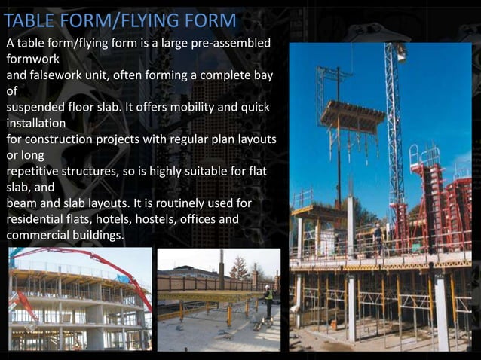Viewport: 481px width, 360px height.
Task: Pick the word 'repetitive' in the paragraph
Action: pos(35,172)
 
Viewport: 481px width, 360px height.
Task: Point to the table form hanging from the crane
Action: pos(352,116)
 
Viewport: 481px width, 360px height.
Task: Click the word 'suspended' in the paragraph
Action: pos(35,108)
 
